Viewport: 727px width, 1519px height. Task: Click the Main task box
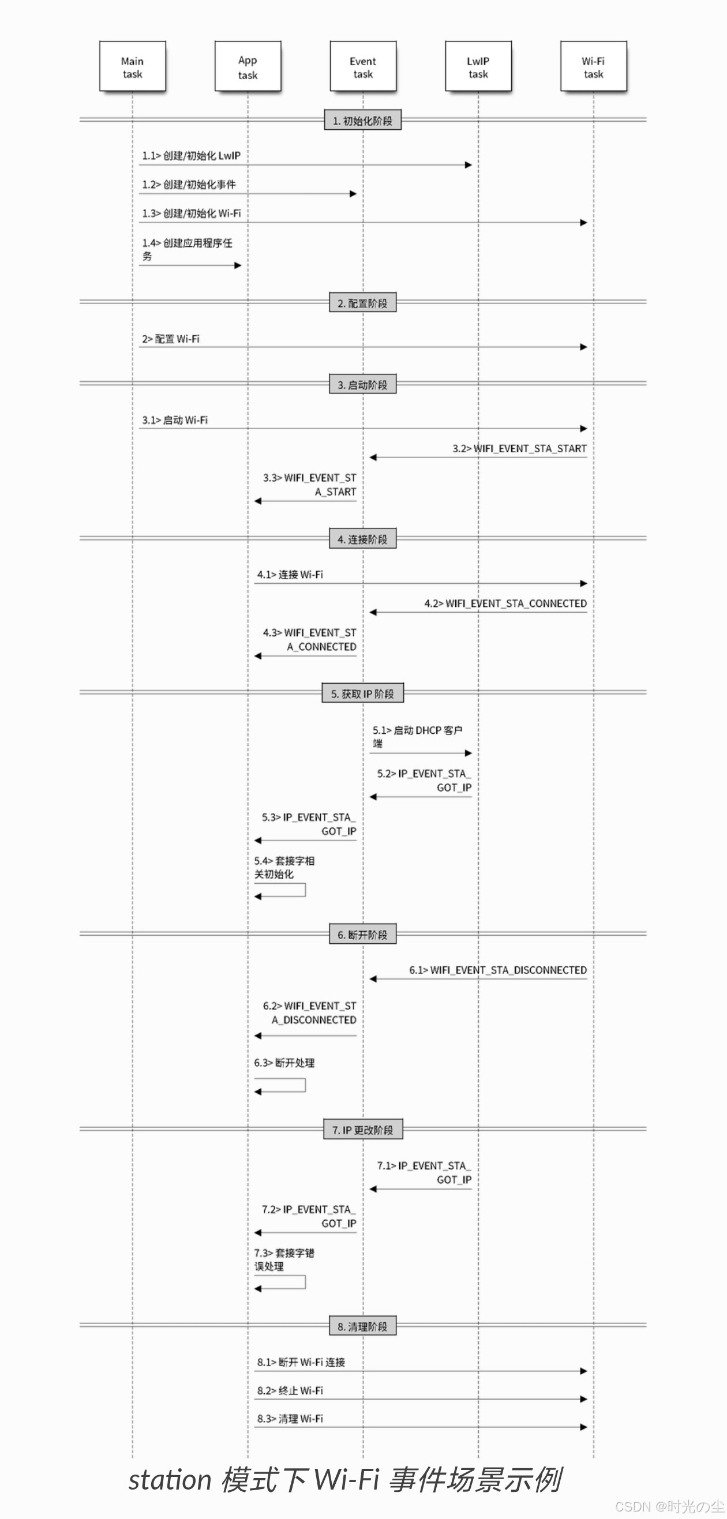132,67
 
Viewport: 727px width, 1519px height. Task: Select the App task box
248,67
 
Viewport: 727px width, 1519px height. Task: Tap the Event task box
362,67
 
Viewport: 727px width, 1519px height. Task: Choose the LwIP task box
478,67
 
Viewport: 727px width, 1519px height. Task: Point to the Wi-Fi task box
593,67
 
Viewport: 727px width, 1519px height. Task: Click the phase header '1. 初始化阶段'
362,121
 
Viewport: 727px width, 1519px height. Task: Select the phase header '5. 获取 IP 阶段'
362,693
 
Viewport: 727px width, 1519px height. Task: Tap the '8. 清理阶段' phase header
362,1326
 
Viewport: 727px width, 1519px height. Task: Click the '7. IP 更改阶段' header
362,1130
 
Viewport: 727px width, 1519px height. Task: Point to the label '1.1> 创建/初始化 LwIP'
191,156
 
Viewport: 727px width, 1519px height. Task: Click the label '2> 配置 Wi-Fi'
171,339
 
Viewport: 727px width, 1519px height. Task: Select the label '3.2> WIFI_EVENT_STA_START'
519,449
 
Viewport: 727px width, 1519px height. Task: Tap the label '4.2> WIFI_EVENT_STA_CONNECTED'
505,603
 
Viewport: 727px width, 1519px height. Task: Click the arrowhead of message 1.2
353,194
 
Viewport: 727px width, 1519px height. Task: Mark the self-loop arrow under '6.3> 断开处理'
280,1086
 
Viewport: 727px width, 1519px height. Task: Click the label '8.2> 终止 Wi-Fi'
290,1390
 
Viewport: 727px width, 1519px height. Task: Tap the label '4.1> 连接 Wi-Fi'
290,575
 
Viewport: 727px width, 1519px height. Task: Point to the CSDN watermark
669,1507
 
